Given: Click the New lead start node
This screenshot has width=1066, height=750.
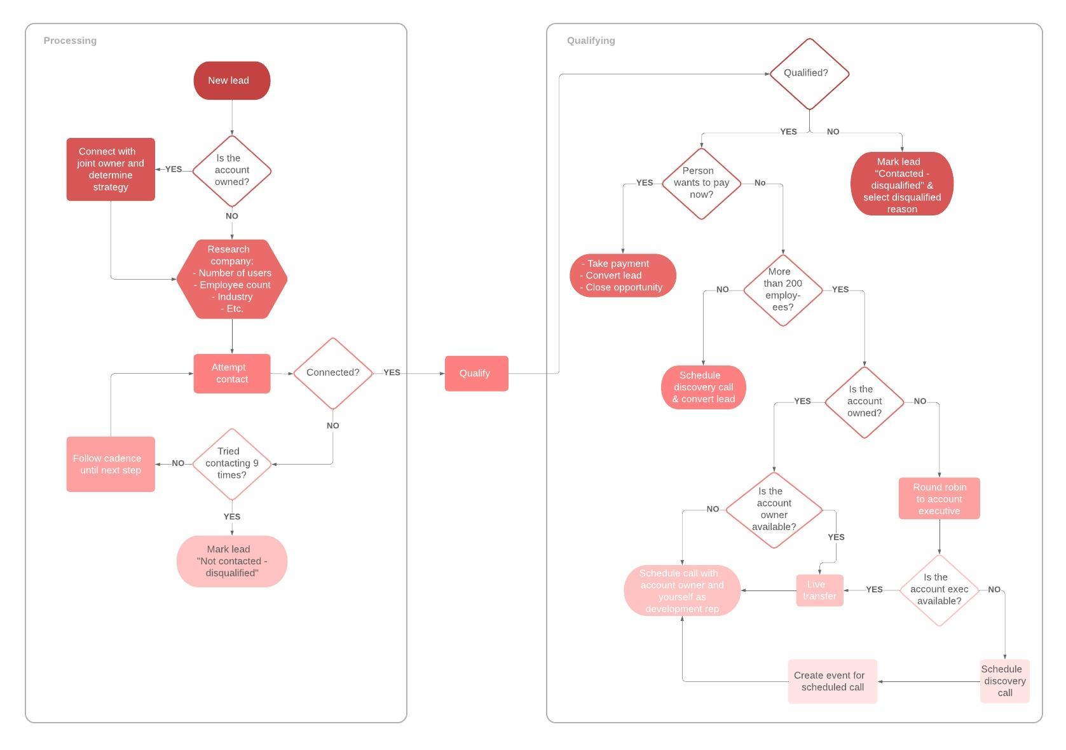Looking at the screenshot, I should coord(231,81).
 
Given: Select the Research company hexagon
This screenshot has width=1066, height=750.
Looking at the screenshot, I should coord(231,279).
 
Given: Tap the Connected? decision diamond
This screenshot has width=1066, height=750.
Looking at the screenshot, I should coord(332,373).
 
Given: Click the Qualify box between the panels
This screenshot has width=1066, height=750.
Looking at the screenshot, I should coord(476,374).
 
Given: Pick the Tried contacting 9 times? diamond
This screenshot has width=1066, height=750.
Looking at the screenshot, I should coord(231,463).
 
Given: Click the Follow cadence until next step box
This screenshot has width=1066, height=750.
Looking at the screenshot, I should coord(111,464).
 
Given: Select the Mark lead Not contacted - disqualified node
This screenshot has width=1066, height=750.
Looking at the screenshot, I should coord(231,561).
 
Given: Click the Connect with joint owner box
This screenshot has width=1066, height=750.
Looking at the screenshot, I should coord(111,169).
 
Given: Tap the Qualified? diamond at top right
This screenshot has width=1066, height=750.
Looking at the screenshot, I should coord(809,74).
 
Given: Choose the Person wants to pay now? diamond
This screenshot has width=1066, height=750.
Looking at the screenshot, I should coord(701,183).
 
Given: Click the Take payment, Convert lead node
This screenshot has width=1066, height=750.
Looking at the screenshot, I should coord(622,275).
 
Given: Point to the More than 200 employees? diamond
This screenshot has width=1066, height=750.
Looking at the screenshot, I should coord(782,290).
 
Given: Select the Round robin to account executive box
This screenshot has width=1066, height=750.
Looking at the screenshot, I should coord(939,499).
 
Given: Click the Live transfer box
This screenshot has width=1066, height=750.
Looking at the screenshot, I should coord(819,590).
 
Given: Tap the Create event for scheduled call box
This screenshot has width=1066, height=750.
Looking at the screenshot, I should coord(832,681).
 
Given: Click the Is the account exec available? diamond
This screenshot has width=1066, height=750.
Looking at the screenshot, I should coord(939,590).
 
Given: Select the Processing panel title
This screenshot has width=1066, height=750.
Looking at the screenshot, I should coord(70,41).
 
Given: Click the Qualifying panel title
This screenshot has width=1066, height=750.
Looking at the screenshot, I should coord(591,41).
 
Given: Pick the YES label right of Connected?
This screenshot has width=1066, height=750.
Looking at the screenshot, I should coord(392,372).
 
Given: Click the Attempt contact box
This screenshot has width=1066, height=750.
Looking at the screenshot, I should coord(231,374).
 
